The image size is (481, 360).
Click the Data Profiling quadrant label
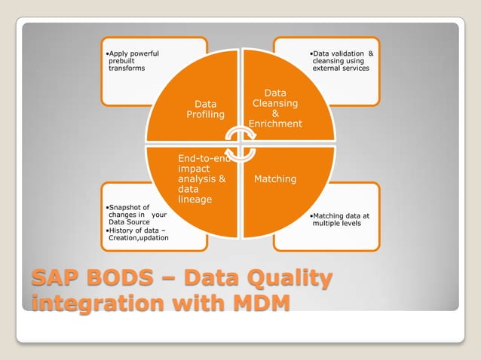(x=205, y=109)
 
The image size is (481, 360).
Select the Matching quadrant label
(x=275, y=179)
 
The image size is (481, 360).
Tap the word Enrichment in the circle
(x=275, y=124)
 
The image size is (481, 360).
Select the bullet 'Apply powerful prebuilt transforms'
(x=133, y=61)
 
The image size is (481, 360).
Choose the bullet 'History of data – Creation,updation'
(x=136, y=233)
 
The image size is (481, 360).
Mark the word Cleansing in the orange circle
(x=275, y=103)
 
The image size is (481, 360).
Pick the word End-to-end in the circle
(x=204, y=159)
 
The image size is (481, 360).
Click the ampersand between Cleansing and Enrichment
(x=275, y=114)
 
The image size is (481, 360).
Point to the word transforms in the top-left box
(x=127, y=69)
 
